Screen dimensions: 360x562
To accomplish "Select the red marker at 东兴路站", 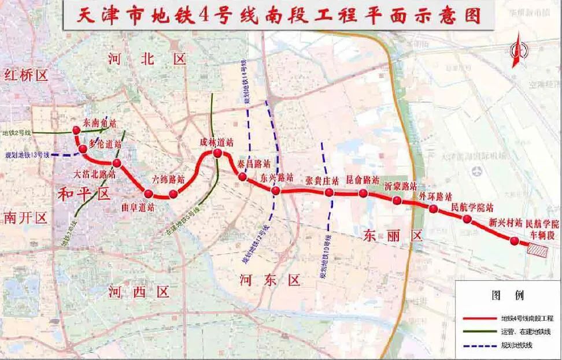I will tap(276, 191).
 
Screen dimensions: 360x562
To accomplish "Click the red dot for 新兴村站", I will tap(514, 240).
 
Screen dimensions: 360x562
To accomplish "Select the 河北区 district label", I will tap(147, 58).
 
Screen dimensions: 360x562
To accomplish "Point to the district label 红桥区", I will tap(25, 75).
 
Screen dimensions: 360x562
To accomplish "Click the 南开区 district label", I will tap(25, 217).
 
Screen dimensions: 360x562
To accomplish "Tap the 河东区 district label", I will tap(271, 281).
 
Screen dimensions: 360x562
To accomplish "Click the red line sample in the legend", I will tap(480, 318).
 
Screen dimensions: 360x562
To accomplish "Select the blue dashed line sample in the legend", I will tap(480, 345).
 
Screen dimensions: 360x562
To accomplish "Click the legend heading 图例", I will tap(508, 295).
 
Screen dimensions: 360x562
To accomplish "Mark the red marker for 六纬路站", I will tap(173, 194).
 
